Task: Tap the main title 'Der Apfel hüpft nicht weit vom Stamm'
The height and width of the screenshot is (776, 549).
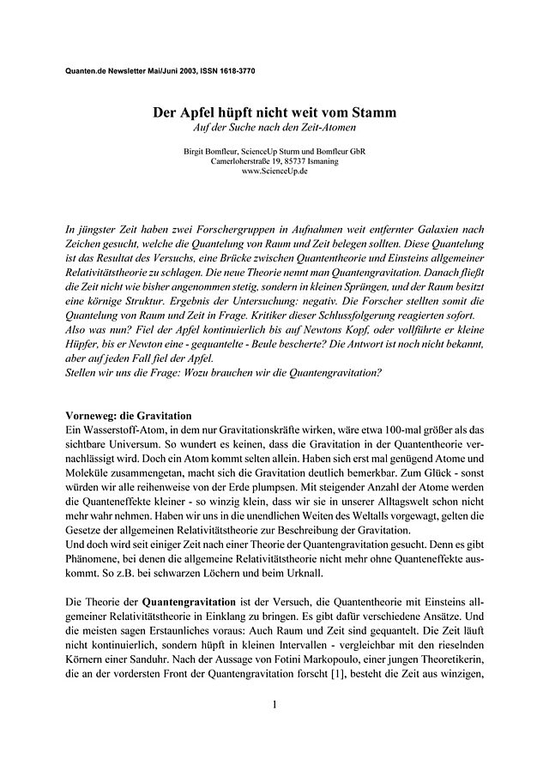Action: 274,113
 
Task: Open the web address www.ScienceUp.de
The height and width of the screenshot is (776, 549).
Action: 274,171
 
